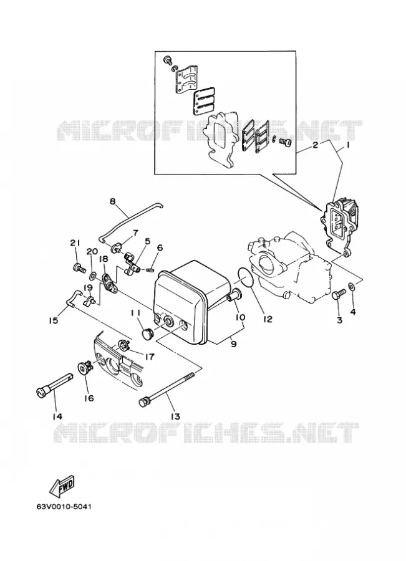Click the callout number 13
[175, 416]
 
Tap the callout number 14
[57, 416]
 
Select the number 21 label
[75, 242]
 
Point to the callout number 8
[113, 201]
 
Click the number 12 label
[268, 319]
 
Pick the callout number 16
[89, 398]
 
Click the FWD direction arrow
[61, 486]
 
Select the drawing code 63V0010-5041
[64, 507]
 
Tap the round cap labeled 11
[147, 335]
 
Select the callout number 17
[149, 357]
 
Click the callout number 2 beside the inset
[315, 145]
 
